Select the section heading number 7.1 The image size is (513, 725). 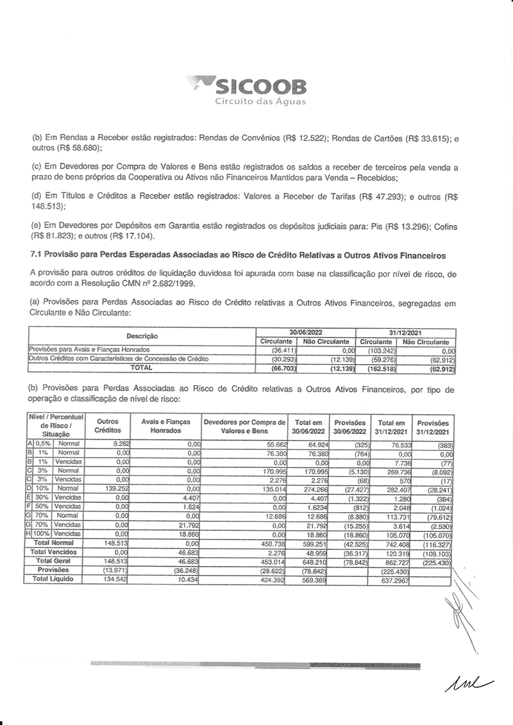(x=37, y=256)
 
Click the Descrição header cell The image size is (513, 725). (x=142, y=337)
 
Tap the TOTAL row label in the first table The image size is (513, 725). (x=142, y=368)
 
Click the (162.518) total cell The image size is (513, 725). (x=376, y=368)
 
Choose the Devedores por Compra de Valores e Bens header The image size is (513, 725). (x=244, y=426)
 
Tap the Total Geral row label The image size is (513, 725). (x=54, y=561)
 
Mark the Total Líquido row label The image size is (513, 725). (x=54, y=579)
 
